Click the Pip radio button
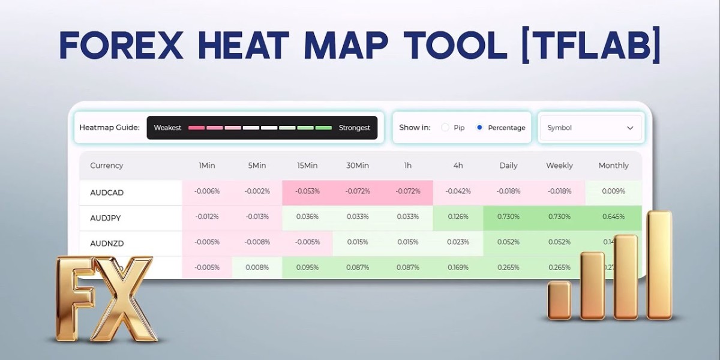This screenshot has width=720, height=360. tap(445, 128)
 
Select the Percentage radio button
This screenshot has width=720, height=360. tap(479, 128)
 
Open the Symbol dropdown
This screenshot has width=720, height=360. tap(590, 128)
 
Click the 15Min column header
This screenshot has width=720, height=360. tap(307, 166)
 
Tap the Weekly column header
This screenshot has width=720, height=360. tap(559, 166)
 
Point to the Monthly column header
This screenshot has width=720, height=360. tap(613, 166)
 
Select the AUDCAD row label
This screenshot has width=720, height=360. tap(107, 193)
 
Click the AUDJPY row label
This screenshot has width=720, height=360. tap(106, 218)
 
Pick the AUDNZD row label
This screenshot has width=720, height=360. tap(107, 244)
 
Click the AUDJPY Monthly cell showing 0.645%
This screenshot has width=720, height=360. tap(613, 217)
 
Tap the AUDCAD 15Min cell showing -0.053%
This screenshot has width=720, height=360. tap(307, 191)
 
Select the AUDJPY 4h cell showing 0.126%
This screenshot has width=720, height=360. tap(458, 217)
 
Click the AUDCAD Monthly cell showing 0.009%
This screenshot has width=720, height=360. tap(613, 191)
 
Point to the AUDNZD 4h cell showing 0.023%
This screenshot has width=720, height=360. tap(458, 242)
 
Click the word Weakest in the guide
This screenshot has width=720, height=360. tap(167, 128)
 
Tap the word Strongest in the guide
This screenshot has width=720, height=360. tap(355, 128)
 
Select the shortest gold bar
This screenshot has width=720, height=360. tap(559, 300)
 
